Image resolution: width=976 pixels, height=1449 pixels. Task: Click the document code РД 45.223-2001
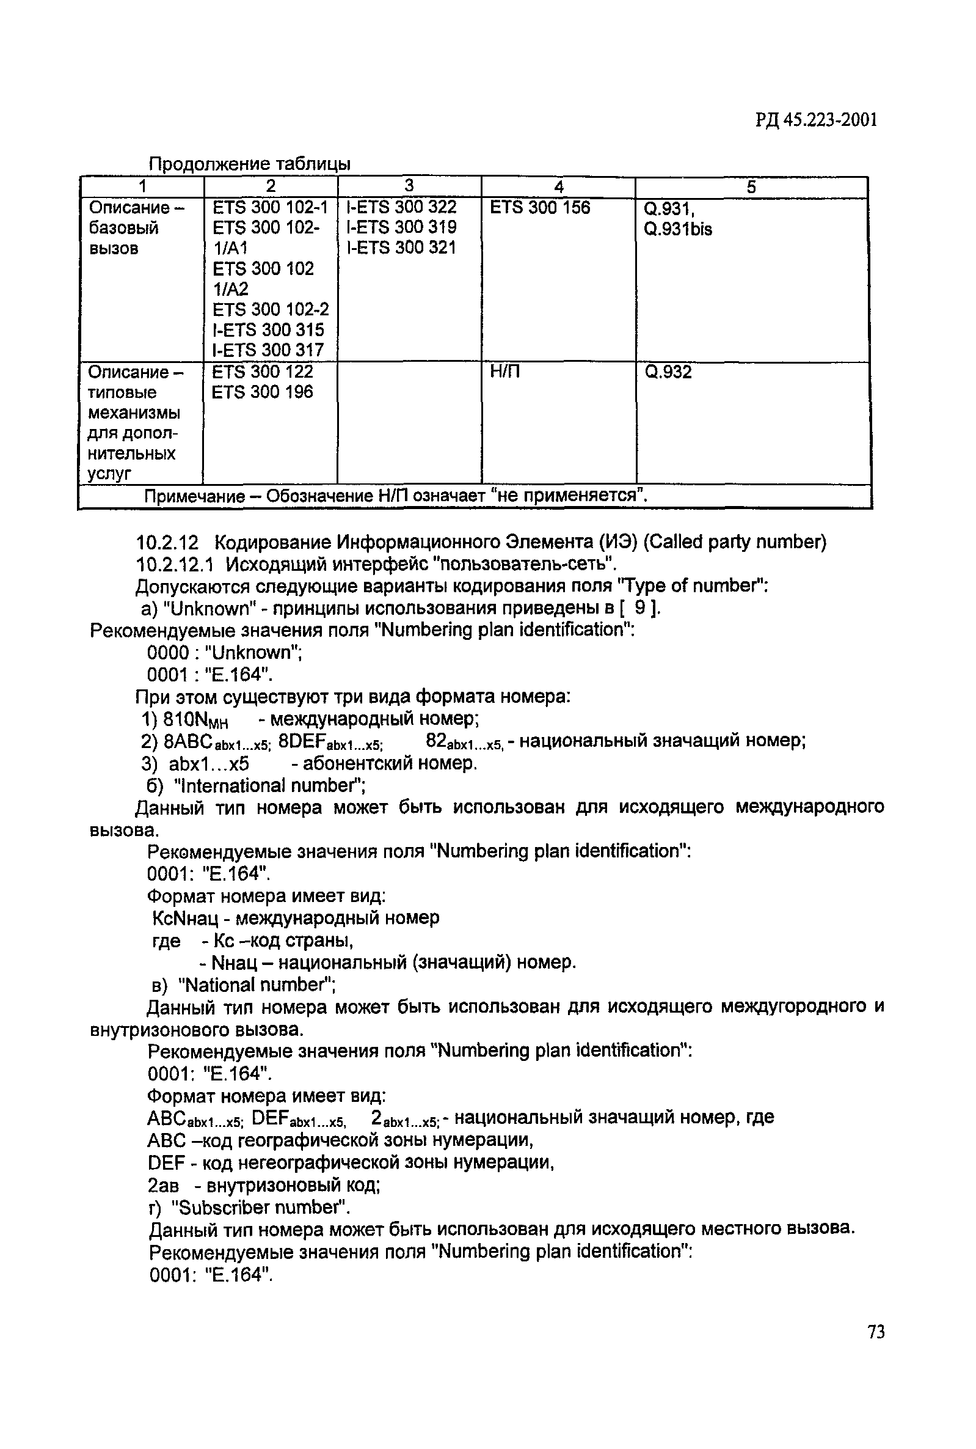(816, 120)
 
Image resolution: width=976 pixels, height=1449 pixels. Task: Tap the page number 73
(875, 1331)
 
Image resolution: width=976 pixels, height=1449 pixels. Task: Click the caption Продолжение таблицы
(250, 164)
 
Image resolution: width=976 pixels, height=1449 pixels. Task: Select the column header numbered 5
(751, 187)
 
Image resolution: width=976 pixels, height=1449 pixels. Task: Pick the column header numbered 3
(409, 186)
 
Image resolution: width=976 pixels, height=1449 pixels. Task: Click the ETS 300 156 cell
(540, 207)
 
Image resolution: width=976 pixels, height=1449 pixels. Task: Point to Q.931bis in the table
(678, 230)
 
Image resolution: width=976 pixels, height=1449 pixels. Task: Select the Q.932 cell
(668, 372)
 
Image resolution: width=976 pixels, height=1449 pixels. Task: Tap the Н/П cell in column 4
(505, 372)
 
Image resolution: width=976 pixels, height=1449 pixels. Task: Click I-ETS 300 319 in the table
(401, 227)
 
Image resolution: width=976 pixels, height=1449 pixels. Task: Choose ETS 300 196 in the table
(263, 392)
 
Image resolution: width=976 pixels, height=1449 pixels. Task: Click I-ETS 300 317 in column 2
(268, 350)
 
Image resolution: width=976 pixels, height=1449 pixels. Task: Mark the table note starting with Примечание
(396, 496)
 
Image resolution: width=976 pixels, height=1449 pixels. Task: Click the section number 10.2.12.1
(175, 564)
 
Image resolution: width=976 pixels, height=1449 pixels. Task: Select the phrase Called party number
(735, 542)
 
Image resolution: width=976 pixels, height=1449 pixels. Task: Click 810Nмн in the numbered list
(195, 720)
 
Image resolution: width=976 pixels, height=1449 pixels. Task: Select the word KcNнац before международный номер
(191, 918)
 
